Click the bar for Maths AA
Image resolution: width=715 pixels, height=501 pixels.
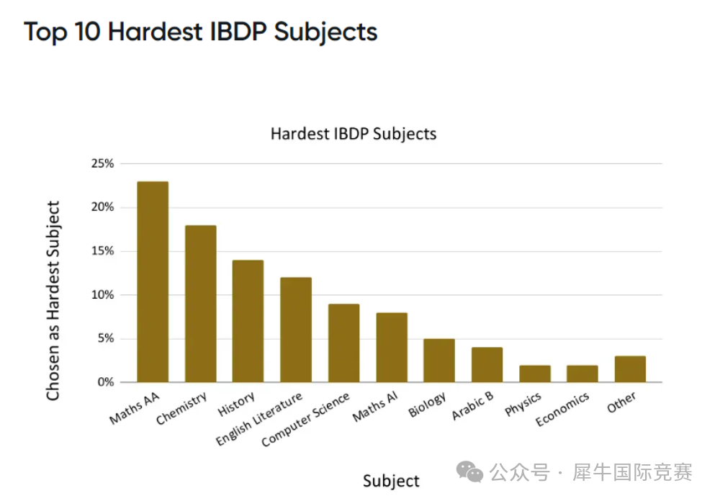click(x=153, y=281)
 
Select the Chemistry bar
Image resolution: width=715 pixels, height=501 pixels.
click(x=200, y=304)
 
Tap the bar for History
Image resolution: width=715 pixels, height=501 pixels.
click(x=248, y=321)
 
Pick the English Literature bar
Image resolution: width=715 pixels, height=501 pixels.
click(x=295, y=330)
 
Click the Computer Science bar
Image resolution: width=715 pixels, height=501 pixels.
click(x=343, y=343)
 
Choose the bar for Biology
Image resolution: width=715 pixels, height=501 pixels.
click(x=439, y=360)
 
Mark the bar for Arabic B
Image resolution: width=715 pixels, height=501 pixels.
click(x=487, y=365)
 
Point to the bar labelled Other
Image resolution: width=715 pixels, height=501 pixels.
click(x=630, y=369)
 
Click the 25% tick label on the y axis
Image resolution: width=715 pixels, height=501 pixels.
click(x=102, y=163)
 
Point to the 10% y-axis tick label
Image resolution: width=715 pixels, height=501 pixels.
click(x=102, y=294)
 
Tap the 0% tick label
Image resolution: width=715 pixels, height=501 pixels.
click(x=105, y=382)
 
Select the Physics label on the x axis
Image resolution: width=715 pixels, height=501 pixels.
click(x=523, y=405)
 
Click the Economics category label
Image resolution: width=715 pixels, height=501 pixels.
click(x=562, y=409)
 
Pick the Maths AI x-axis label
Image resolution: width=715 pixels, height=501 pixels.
click(x=375, y=408)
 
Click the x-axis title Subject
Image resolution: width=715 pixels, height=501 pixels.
click(x=391, y=481)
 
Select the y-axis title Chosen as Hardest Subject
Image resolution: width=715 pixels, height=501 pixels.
click(x=53, y=301)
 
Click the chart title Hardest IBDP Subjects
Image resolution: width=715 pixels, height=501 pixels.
click(x=353, y=133)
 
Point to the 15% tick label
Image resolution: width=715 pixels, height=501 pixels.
click(x=102, y=251)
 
